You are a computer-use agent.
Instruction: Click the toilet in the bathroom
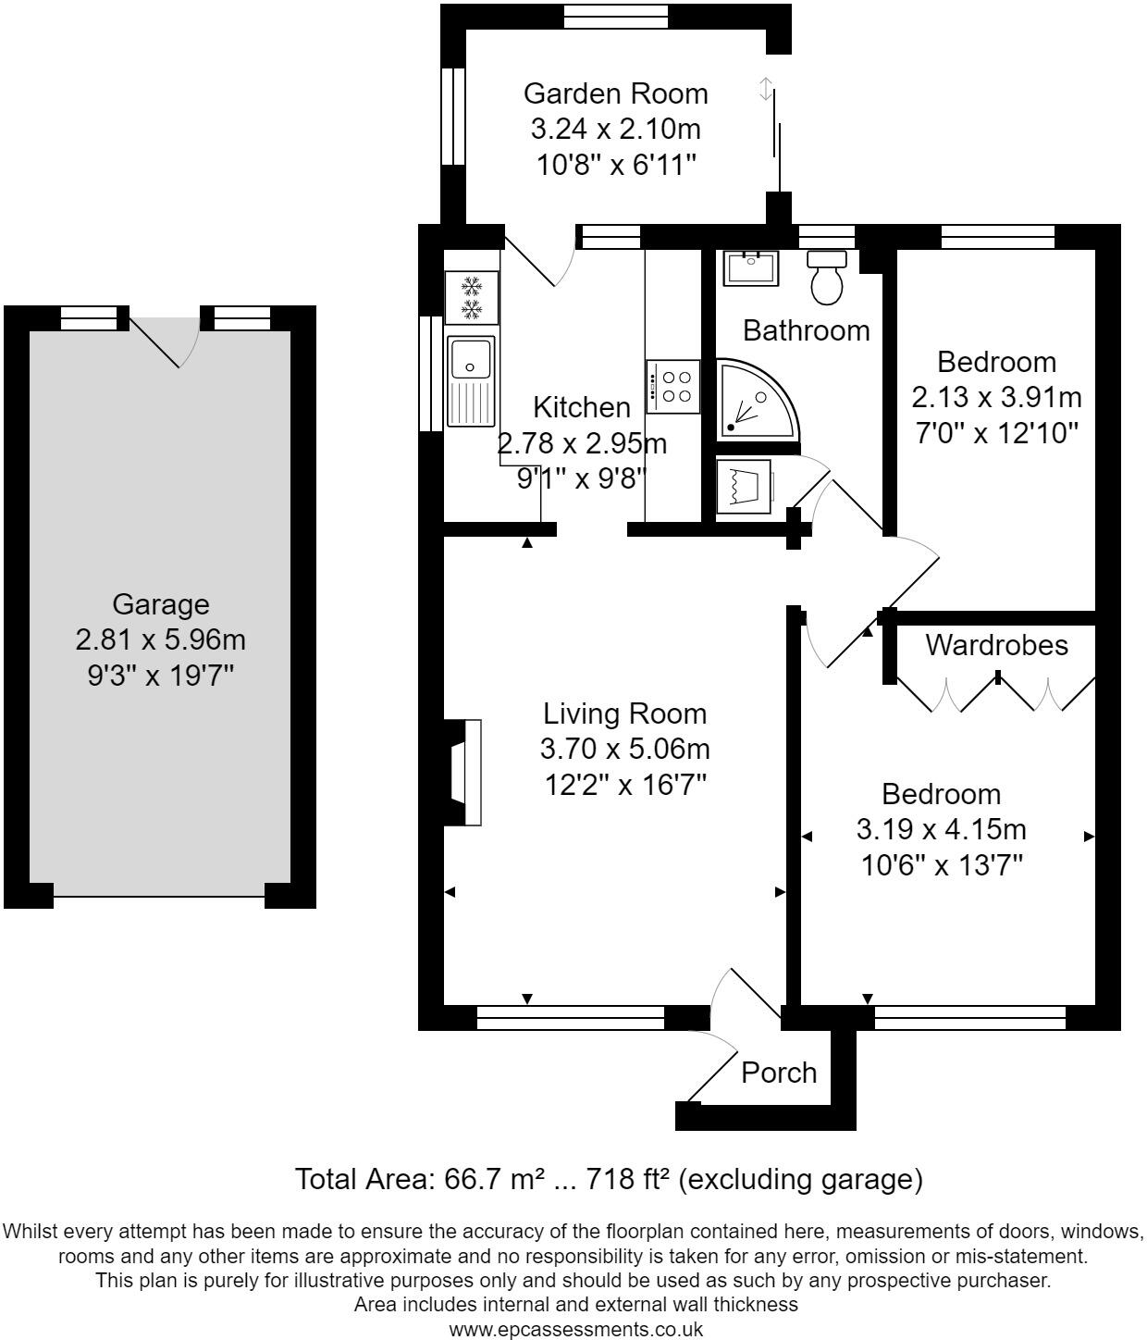coord(826,278)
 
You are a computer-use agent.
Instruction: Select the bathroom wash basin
coord(751,267)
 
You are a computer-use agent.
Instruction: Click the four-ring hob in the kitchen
coord(672,387)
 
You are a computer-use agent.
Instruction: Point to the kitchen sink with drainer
coord(471,381)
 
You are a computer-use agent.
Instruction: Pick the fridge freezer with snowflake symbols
coord(472,298)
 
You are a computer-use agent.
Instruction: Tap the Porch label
coord(778,1073)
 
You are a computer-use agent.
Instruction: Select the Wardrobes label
coord(996,645)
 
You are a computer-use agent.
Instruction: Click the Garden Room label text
coord(616,94)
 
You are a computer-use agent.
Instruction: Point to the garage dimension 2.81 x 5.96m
coord(161,639)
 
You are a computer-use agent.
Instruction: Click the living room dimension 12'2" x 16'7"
coord(624,786)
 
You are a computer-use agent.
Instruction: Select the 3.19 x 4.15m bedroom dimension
coord(942,829)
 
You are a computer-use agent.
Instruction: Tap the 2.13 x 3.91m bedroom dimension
coord(996,397)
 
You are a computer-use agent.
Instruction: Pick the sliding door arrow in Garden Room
coord(765,89)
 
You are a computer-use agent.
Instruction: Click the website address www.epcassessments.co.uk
coord(576,1330)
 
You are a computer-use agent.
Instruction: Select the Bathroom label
coord(807,330)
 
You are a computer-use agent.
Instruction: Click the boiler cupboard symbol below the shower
coord(745,487)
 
